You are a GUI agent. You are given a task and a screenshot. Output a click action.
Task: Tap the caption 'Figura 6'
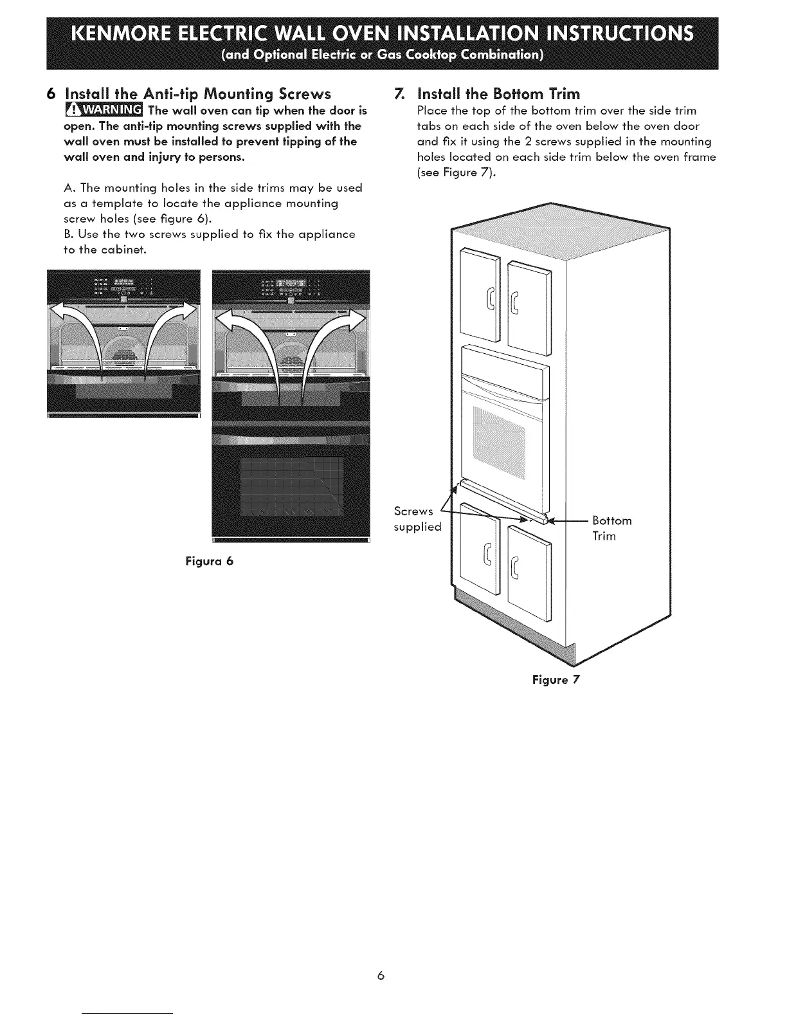click(210, 561)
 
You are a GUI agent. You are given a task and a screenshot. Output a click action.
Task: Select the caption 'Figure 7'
click(556, 680)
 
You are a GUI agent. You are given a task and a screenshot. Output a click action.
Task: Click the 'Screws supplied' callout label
click(417, 519)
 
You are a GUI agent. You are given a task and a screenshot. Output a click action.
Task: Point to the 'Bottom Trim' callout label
click(611, 528)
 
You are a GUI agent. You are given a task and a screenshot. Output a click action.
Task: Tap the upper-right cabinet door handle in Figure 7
click(515, 304)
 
